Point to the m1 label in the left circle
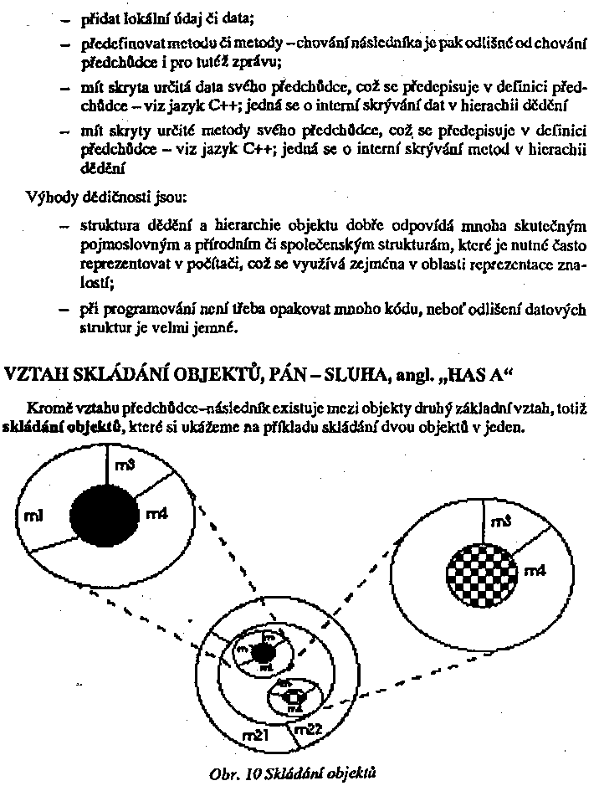point(37,511)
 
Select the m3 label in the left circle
point(124,466)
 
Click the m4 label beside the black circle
point(156,515)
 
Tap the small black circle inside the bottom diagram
point(264,653)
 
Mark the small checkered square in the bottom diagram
point(294,696)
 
